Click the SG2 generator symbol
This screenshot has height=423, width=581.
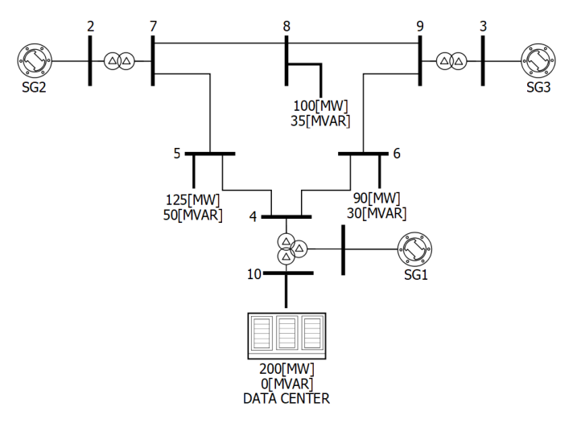(35, 61)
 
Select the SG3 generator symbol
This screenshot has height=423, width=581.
(538, 61)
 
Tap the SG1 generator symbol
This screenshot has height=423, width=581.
(414, 249)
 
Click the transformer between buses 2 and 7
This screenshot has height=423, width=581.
(119, 61)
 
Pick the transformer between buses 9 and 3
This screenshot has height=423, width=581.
(451, 61)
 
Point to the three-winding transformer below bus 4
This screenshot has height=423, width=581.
(291, 249)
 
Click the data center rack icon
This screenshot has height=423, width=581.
(286, 336)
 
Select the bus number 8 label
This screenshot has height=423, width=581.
(286, 27)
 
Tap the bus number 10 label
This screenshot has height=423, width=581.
(254, 274)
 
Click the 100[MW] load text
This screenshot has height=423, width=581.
(321, 106)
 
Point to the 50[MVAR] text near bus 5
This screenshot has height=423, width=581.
(192, 216)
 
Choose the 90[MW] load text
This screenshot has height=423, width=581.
(377, 198)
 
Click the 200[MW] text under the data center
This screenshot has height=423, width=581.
(286, 369)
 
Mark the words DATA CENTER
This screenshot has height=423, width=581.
(286, 399)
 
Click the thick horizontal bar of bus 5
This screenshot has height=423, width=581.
(210, 154)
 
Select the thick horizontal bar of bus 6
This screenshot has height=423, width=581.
(363, 154)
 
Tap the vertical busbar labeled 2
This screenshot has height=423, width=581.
(90, 61)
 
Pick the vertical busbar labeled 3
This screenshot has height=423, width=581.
(483, 61)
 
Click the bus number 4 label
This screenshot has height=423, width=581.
(253, 216)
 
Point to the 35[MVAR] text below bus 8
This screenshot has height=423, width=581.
(320, 121)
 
